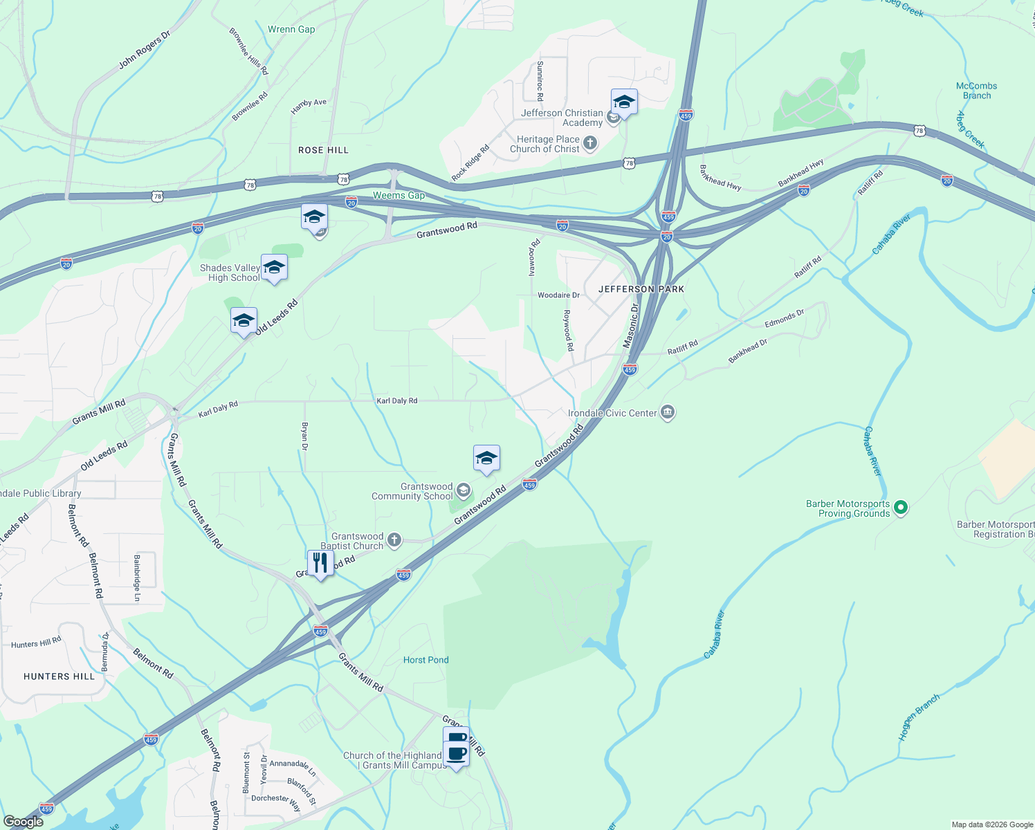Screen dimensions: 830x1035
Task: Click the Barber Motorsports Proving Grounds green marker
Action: coord(900,508)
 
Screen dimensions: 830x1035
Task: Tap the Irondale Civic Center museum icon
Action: coord(668,413)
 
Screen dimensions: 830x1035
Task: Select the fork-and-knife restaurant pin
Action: coord(320,563)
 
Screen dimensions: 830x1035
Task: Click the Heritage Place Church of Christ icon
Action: coord(589,143)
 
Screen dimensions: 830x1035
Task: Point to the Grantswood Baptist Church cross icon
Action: coord(394,540)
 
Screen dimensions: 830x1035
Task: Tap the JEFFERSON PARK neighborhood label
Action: coord(641,289)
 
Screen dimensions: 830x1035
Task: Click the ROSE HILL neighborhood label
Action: coord(323,150)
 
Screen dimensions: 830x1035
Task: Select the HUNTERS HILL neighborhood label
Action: coord(59,676)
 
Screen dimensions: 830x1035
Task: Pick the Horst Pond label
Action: coord(425,660)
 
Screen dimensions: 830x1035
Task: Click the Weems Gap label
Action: coord(399,196)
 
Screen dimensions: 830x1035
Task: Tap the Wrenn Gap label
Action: coord(291,29)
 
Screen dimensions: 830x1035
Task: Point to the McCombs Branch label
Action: coord(976,91)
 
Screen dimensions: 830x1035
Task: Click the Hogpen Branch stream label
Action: coord(919,717)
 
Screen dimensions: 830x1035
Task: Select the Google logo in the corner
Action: coord(23,821)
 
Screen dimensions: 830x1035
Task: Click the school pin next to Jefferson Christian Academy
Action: coord(623,102)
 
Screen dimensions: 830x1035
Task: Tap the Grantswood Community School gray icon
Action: coord(463,491)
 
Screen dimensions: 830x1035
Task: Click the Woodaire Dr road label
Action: coord(558,295)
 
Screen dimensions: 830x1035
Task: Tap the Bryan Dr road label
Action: coord(304,436)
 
